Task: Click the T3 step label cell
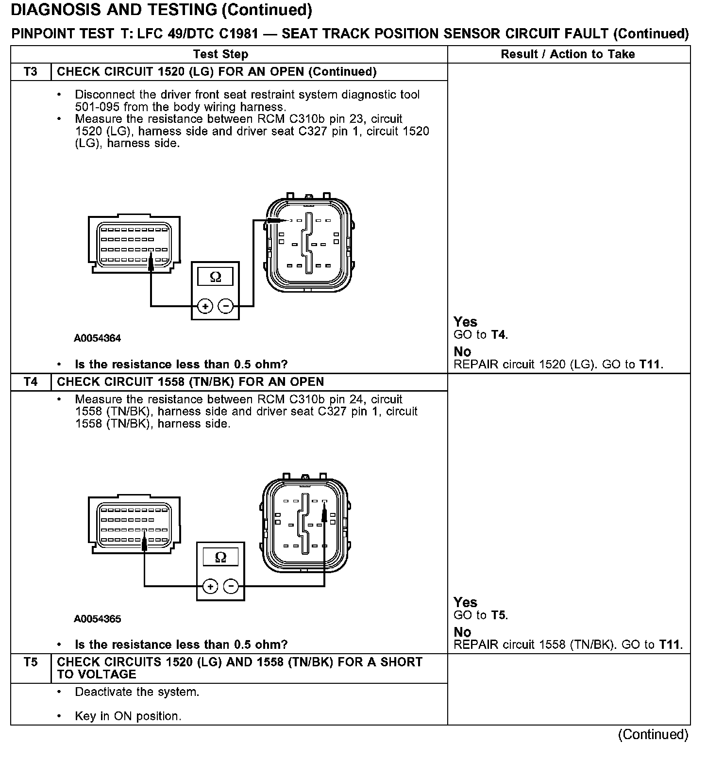[30, 72]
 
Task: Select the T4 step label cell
[30, 382]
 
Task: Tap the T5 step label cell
[30, 662]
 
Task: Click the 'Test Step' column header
[220, 54]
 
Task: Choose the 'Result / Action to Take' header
[568, 54]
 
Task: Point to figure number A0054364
[97, 338]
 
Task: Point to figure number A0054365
[97, 619]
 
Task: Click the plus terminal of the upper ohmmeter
[205, 306]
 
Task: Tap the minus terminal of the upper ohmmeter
[225, 306]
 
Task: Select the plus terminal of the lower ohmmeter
[210, 587]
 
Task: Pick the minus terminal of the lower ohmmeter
[231, 587]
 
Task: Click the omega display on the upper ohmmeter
[215, 277]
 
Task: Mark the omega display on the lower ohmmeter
[220, 557]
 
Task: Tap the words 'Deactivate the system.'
[137, 692]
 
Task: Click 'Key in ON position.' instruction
[128, 716]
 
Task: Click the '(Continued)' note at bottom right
[653, 735]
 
